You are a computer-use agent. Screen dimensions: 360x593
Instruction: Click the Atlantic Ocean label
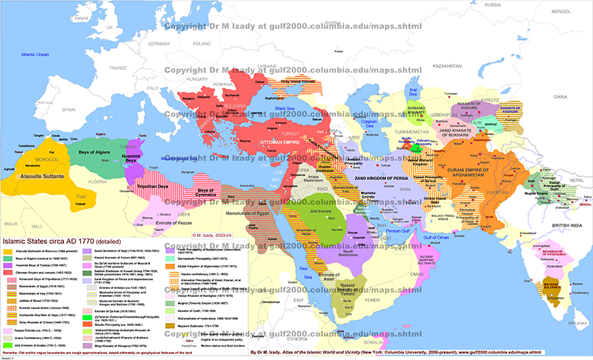[36, 56]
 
